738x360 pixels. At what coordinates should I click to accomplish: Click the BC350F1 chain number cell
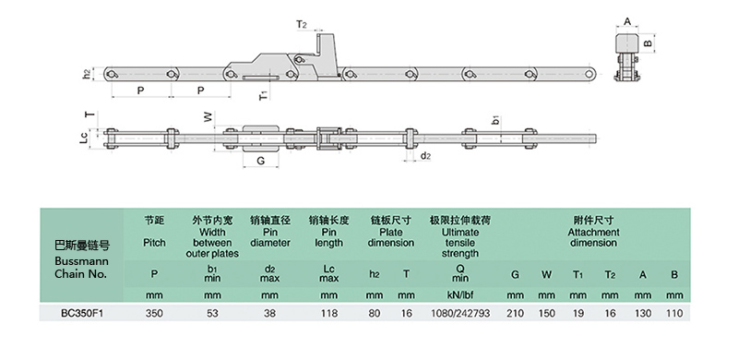pyautogui.click(x=82, y=313)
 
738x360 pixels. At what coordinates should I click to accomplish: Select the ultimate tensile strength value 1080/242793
pyautogui.click(x=460, y=313)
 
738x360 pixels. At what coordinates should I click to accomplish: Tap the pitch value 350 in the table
pyautogui.click(x=154, y=313)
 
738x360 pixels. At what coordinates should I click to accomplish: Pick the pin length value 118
pyautogui.click(x=329, y=313)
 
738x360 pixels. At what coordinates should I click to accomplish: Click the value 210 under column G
pyautogui.click(x=516, y=313)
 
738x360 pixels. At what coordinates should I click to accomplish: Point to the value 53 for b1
pyautogui.click(x=212, y=313)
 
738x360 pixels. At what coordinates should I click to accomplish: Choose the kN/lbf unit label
pyautogui.click(x=460, y=295)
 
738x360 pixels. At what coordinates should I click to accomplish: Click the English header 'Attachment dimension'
pyautogui.click(x=593, y=237)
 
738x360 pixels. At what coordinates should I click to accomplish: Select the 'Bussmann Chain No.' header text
pyautogui.click(x=81, y=267)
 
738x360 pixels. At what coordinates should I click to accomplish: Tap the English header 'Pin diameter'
pyautogui.click(x=270, y=237)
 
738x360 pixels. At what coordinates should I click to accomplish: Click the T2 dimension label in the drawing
pyautogui.click(x=302, y=25)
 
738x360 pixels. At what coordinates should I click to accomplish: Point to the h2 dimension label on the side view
pyautogui.click(x=87, y=74)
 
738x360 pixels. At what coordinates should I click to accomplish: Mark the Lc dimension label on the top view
pyautogui.click(x=84, y=138)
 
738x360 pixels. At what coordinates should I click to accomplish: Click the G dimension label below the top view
pyautogui.click(x=261, y=161)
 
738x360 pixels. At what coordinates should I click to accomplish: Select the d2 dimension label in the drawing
pyautogui.click(x=425, y=155)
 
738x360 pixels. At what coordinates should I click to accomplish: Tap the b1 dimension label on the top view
pyautogui.click(x=495, y=120)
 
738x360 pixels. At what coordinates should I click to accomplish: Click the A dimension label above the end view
pyautogui.click(x=627, y=21)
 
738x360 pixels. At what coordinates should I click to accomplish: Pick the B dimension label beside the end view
pyautogui.click(x=649, y=42)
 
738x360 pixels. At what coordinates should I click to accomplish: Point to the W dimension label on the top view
pyautogui.click(x=208, y=117)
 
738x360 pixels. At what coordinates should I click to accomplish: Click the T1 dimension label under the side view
pyautogui.click(x=264, y=95)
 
